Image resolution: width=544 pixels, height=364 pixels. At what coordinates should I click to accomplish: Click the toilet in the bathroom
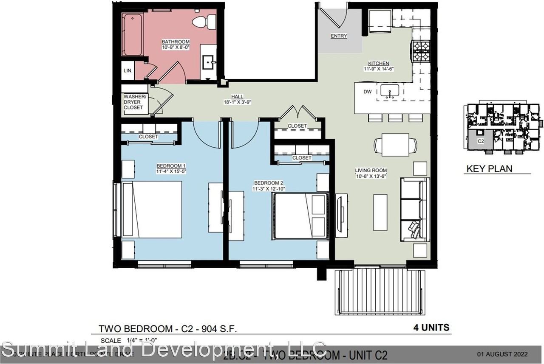pos(202,22)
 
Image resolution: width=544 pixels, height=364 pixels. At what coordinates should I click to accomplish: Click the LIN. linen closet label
pos(127,71)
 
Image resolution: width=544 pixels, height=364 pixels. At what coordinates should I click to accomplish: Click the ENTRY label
pos(339,36)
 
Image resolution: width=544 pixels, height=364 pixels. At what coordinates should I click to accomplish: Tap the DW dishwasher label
pos(368,91)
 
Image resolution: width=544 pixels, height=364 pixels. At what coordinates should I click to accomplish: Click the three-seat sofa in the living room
pos(415,210)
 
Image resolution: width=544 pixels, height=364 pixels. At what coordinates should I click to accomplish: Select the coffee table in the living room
pos(380,212)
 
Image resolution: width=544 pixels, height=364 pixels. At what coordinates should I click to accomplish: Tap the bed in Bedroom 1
pos(152,210)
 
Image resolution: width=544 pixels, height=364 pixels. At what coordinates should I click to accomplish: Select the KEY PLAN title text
pos(489,168)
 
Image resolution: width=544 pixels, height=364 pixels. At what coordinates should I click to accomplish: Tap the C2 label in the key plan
pos(481,142)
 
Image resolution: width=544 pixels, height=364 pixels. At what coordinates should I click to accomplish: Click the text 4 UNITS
pos(431,328)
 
